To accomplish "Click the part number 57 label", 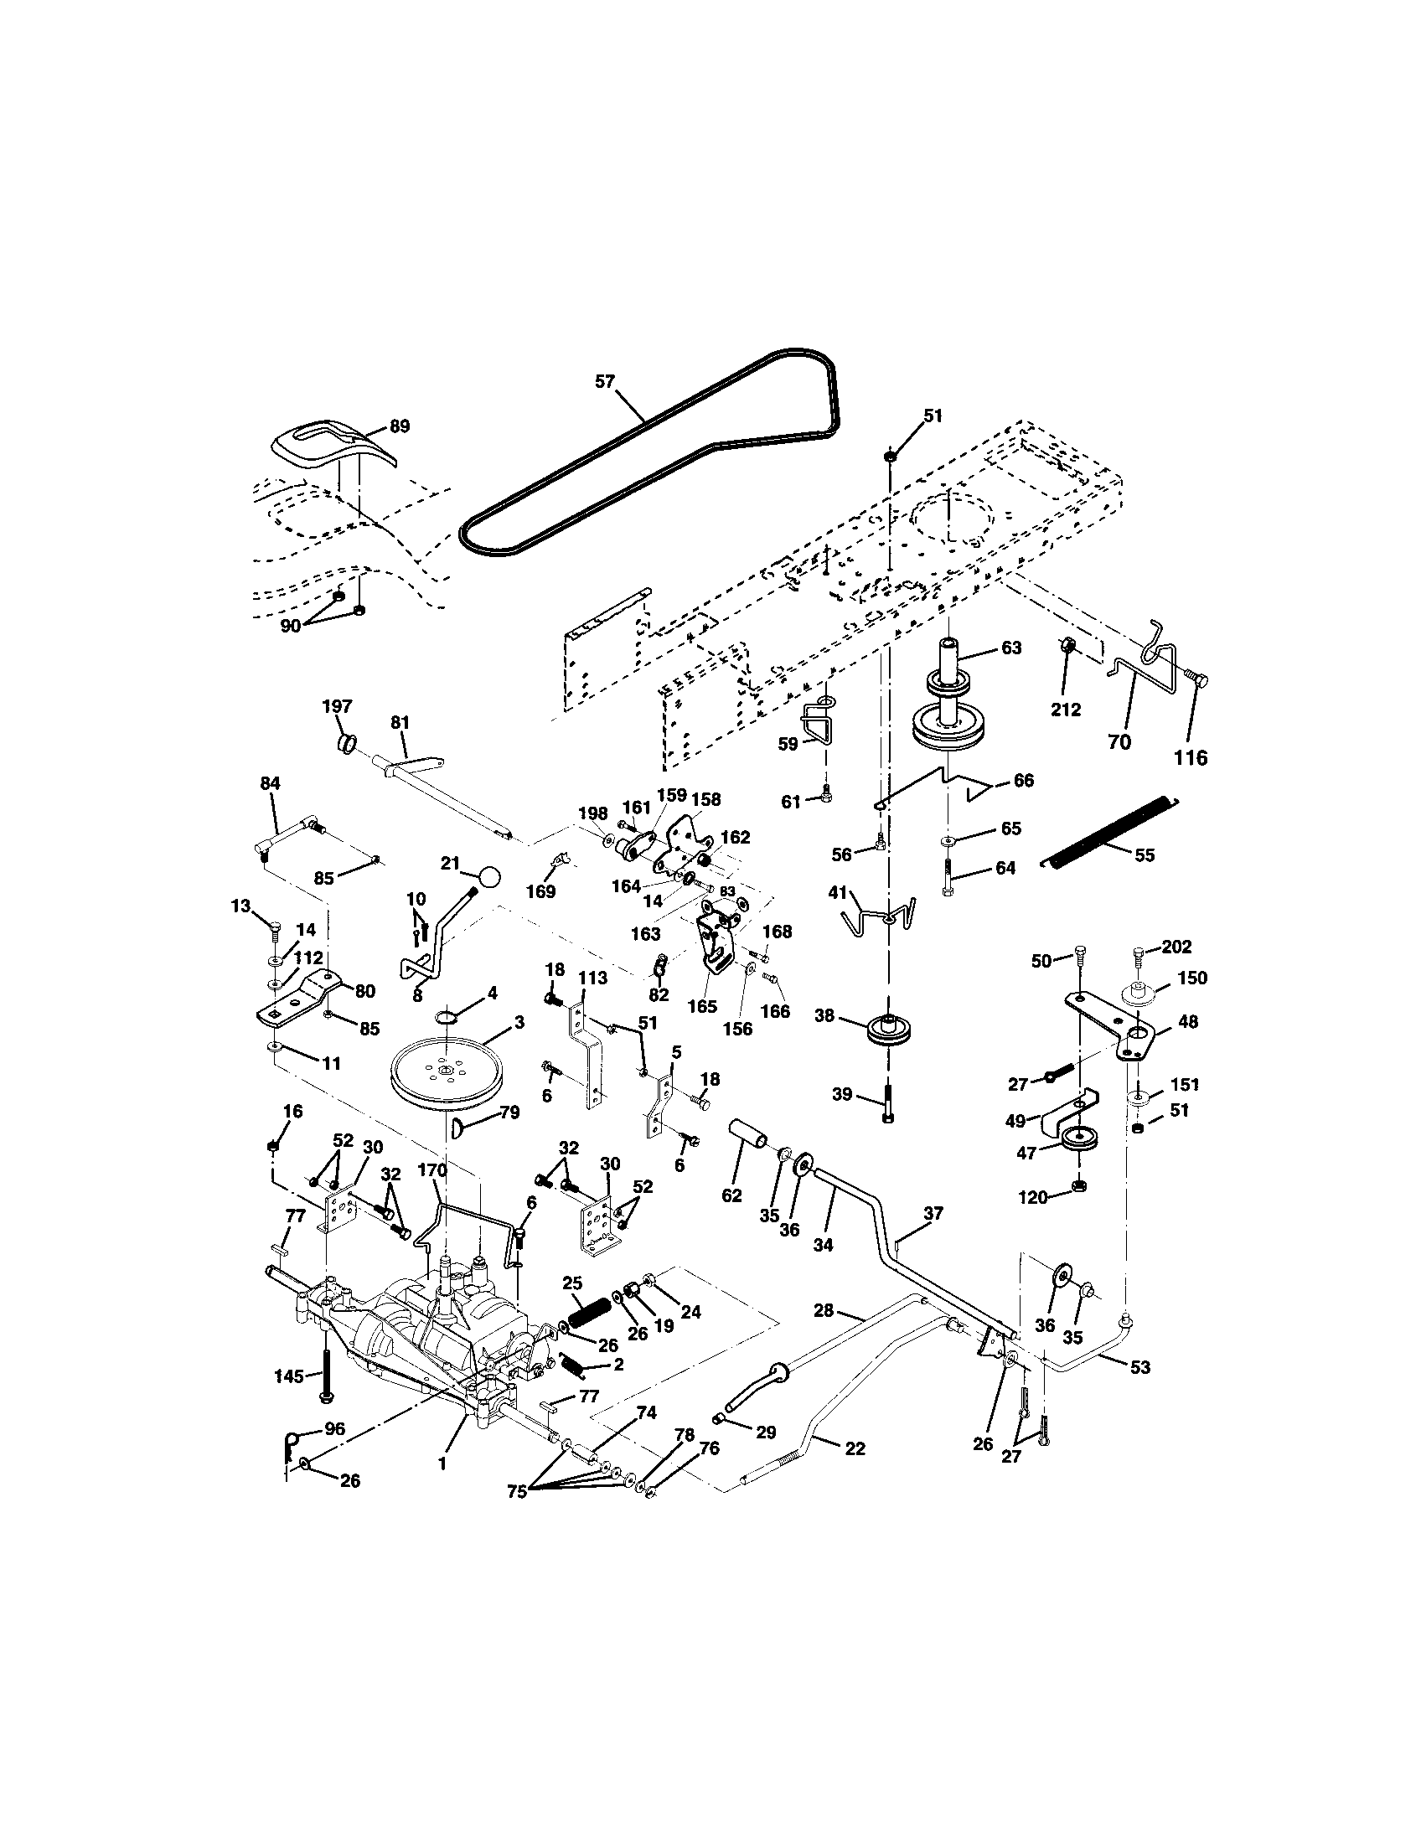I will point(605,381).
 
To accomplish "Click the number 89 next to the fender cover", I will point(399,426).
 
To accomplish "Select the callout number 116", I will point(1190,757).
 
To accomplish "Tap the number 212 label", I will point(1066,710).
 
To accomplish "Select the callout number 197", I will point(337,706).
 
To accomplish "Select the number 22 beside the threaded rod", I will point(855,1448).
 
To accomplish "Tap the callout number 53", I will point(1139,1368).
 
